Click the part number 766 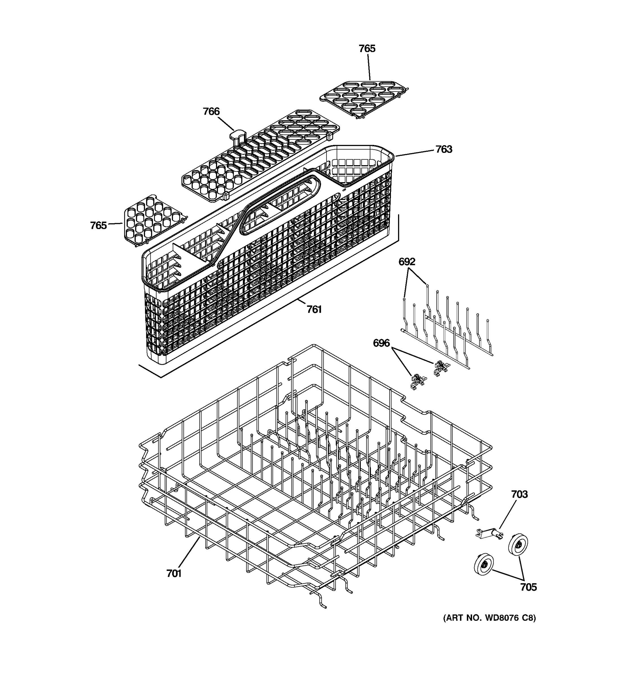[x=211, y=112]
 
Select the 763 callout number [x=444, y=149]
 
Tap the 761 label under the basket [x=314, y=309]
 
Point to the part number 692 [x=407, y=262]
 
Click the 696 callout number [x=381, y=343]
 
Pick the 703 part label [x=519, y=494]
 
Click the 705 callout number [x=528, y=587]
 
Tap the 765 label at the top [x=367, y=49]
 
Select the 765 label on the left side [x=98, y=225]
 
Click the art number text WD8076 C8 [x=489, y=618]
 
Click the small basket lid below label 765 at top [x=364, y=99]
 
